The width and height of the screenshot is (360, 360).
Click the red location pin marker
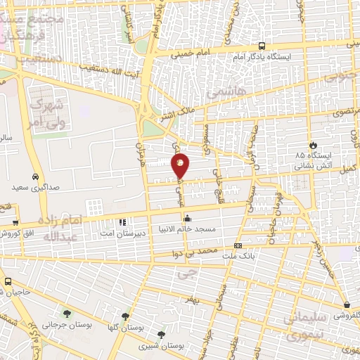180,165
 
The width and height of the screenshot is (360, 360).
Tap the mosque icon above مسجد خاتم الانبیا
186,219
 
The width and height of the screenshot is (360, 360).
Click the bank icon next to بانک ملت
238,245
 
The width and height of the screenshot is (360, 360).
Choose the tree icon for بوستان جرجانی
67,314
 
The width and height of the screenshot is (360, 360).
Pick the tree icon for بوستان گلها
126,316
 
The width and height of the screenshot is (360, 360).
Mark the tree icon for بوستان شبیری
162,334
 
